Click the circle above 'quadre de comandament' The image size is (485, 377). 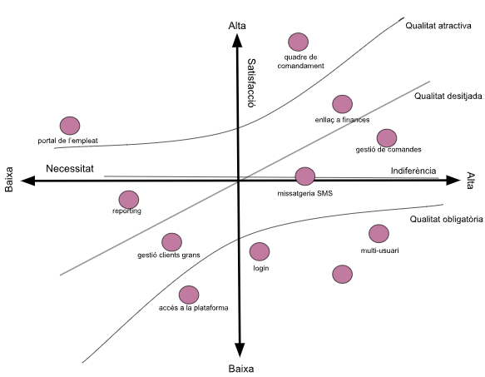pos(298,42)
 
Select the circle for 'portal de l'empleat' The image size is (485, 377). pos(70,126)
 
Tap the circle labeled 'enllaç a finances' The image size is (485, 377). pos(343,104)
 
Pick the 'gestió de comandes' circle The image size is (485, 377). pos(387,138)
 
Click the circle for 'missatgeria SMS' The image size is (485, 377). pos(305,176)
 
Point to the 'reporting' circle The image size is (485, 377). pos(129,200)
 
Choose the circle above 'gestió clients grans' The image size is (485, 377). pos(171,242)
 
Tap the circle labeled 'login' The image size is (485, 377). pos(260,251)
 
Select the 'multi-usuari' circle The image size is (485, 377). pos(379,234)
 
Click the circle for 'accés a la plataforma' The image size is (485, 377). pos(189,295)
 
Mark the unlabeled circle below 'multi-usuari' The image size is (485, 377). pos(343,274)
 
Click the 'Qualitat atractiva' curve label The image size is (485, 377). pos(438,26)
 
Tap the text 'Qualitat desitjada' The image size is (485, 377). pos(448,97)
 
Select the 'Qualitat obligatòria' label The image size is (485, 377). pos(447,219)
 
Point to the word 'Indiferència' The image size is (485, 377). pos(413,171)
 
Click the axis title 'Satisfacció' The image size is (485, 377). pos(251,83)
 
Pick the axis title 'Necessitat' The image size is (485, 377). pos(70,169)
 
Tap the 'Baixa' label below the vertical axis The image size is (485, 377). pos(241,369)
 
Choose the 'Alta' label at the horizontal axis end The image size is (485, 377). pos(470,181)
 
